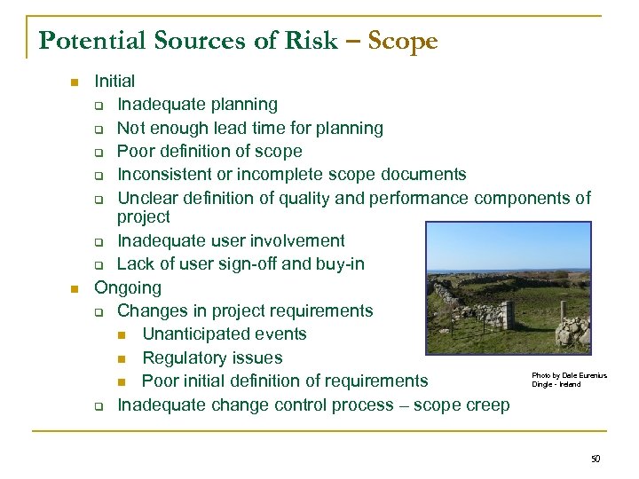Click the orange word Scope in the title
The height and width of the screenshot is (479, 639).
[402, 42]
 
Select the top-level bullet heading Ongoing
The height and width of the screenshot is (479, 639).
[128, 287]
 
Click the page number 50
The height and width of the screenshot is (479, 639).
[595, 459]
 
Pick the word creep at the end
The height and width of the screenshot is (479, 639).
[487, 404]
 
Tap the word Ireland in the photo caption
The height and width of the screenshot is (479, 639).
[569, 384]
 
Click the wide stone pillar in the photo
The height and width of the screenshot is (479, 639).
[508, 314]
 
